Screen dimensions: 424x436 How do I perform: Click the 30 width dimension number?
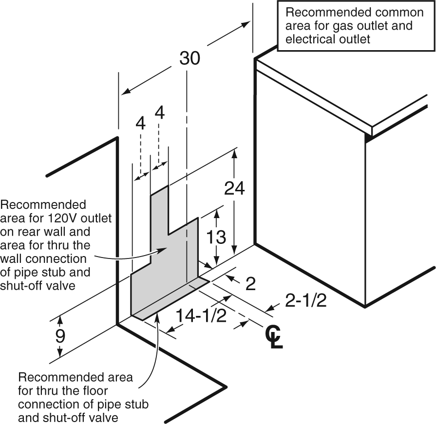(x=190, y=58)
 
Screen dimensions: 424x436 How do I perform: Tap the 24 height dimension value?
(x=234, y=188)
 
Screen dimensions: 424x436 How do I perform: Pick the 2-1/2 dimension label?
(x=305, y=301)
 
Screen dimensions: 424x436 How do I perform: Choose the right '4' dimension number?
(x=159, y=112)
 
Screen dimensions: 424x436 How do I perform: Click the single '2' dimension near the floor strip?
(x=250, y=284)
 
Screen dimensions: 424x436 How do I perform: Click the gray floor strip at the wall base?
(x=171, y=299)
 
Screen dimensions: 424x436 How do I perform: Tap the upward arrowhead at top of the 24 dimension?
(x=234, y=154)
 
